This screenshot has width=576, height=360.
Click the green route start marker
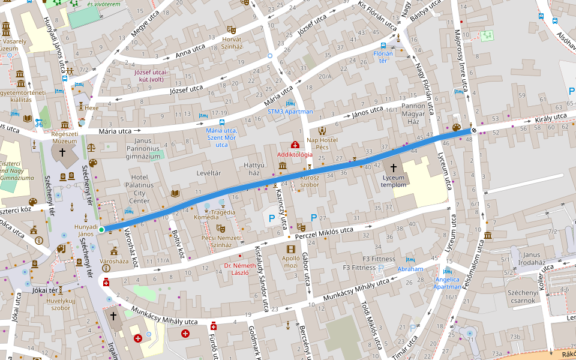[101, 229]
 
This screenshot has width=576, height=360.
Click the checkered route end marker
[474, 130]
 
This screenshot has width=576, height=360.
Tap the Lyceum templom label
[394, 181]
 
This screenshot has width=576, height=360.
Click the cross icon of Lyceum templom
[394, 169]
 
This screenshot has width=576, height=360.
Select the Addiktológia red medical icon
[295, 145]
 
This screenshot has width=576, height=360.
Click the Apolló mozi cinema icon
[291, 249]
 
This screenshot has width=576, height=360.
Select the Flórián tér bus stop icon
[383, 46]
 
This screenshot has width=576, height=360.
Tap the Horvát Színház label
[232, 42]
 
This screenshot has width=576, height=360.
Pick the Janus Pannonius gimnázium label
[144, 148]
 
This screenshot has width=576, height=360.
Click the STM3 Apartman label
[290, 112]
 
